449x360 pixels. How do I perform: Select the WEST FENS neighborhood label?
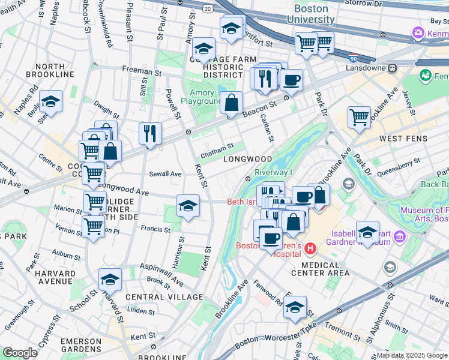pos(403,139)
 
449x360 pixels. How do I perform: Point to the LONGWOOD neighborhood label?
pos(247,159)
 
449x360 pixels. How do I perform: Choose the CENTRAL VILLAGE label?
pos(164,297)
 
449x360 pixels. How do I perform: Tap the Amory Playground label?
pos(206,97)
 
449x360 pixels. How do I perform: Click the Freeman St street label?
pos(139,70)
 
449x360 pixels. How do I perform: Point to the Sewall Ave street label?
pos(165,173)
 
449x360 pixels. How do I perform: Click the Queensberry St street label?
pos(400,163)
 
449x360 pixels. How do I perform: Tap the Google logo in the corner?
pos(20,353)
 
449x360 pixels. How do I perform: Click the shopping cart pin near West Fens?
pos(359,116)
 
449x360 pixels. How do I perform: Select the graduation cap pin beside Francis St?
pos(188,206)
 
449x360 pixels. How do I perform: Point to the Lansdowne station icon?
pos(394,68)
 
